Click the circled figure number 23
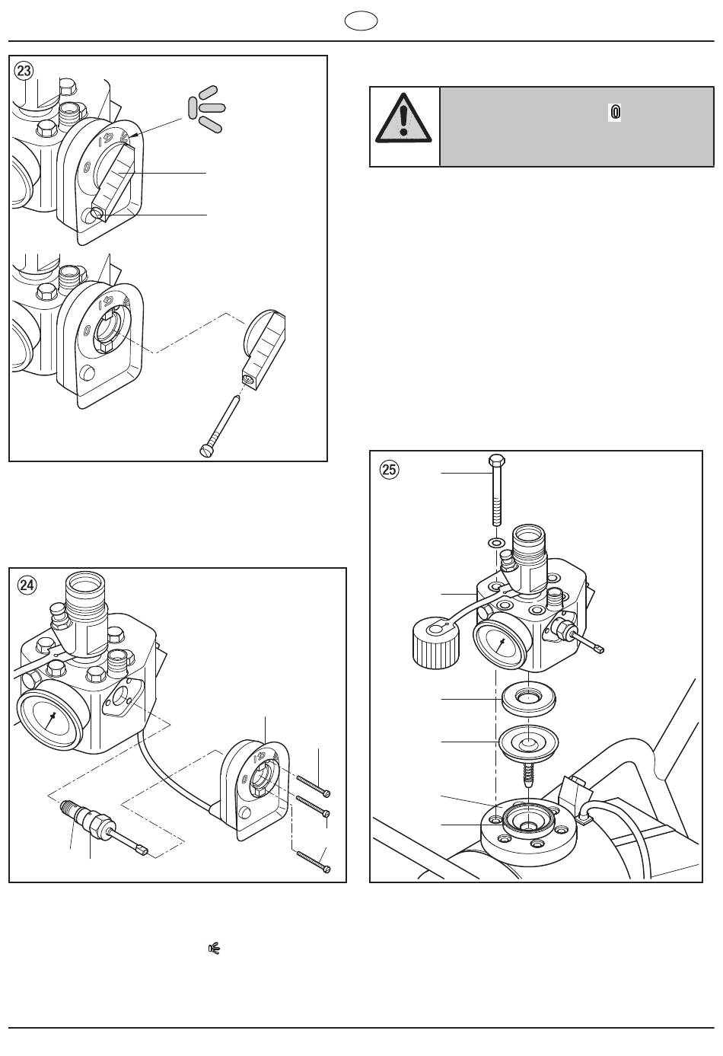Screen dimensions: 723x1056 [x=24, y=71]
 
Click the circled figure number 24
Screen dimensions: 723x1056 [x=27, y=585]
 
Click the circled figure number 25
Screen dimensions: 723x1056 [x=390, y=470]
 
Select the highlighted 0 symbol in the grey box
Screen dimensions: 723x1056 [x=615, y=112]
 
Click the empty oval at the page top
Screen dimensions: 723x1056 [x=361, y=21]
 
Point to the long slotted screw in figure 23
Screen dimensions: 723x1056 [x=220, y=427]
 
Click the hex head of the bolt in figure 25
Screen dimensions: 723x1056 [x=497, y=461]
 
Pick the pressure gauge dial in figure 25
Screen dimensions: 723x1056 [x=502, y=644]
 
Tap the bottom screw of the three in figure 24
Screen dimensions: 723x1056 [x=313, y=861]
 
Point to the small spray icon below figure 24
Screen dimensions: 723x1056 [x=215, y=948]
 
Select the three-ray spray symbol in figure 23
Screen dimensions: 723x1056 [x=207, y=108]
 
